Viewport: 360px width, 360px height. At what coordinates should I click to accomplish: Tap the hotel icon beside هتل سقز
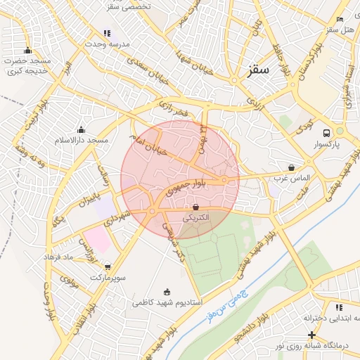click(340, 19)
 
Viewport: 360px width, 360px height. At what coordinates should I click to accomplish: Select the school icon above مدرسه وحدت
click(107, 33)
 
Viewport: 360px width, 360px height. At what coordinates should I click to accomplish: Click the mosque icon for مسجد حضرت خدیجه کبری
click(27, 50)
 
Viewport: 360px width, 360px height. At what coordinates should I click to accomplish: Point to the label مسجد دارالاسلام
click(82, 141)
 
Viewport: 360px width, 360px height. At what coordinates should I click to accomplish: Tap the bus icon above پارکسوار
click(326, 133)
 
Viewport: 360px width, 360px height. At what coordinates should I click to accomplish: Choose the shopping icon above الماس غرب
click(291, 168)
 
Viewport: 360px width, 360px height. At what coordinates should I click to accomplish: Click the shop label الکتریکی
click(196, 218)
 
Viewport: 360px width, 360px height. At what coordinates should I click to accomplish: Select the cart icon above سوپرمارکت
click(107, 266)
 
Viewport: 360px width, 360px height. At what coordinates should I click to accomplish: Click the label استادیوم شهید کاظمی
click(167, 303)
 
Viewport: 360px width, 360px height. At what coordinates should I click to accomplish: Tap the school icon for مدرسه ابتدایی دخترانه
click(340, 307)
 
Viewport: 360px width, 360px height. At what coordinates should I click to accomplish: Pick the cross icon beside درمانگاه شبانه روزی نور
click(311, 335)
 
